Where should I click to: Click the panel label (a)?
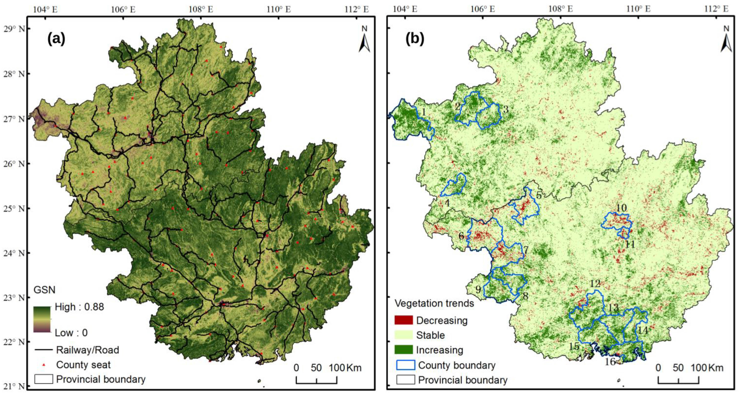click(x=56, y=39)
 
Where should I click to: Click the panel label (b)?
click(x=415, y=39)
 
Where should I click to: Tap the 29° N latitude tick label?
click(x=14, y=29)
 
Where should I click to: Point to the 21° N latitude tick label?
click(x=14, y=386)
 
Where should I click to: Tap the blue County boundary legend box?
click(x=406, y=365)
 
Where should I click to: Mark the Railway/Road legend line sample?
click(x=44, y=350)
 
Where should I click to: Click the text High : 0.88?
click(x=79, y=307)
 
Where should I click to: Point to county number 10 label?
click(x=621, y=208)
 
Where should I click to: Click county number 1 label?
click(x=423, y=112)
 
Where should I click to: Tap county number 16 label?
click(x=610, y=361)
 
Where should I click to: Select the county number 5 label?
click(x=539, y=196)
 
